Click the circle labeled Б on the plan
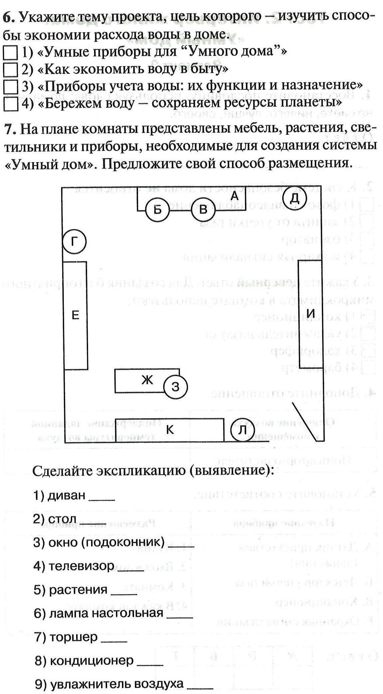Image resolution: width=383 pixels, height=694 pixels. click(158, 210)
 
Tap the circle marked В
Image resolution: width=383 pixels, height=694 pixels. click(203, 210)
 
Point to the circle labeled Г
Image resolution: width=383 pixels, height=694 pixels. click(74, 242)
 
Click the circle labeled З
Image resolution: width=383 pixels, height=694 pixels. click(176, 386)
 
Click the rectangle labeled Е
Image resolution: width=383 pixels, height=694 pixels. click(75, 315)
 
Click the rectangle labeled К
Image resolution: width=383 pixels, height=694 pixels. click(169, 430)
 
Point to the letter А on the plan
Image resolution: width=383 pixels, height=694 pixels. click(235, 196)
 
